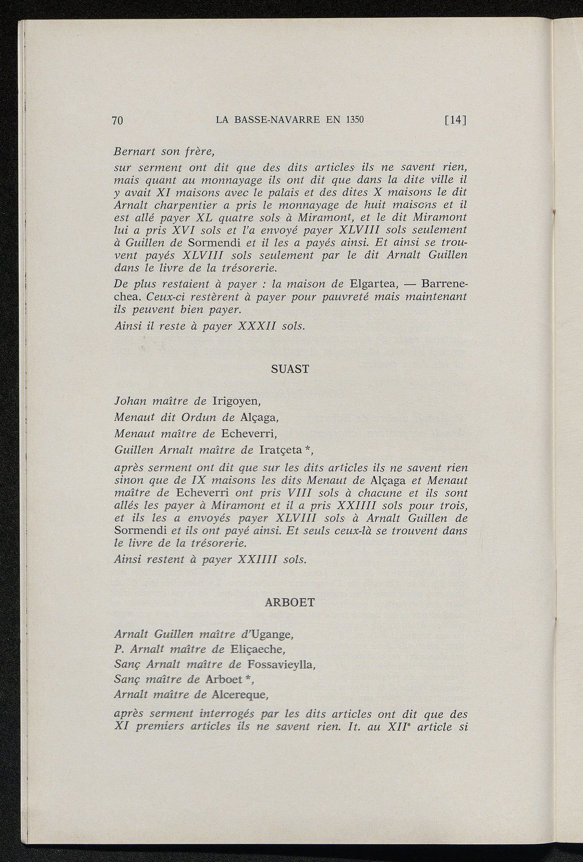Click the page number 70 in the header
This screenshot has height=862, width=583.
(x=118, y=120)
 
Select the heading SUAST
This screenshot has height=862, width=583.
(x=290, y=369)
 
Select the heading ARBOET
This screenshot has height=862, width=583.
(x=290, y=602)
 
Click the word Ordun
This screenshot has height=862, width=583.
(x=198, y=417)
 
